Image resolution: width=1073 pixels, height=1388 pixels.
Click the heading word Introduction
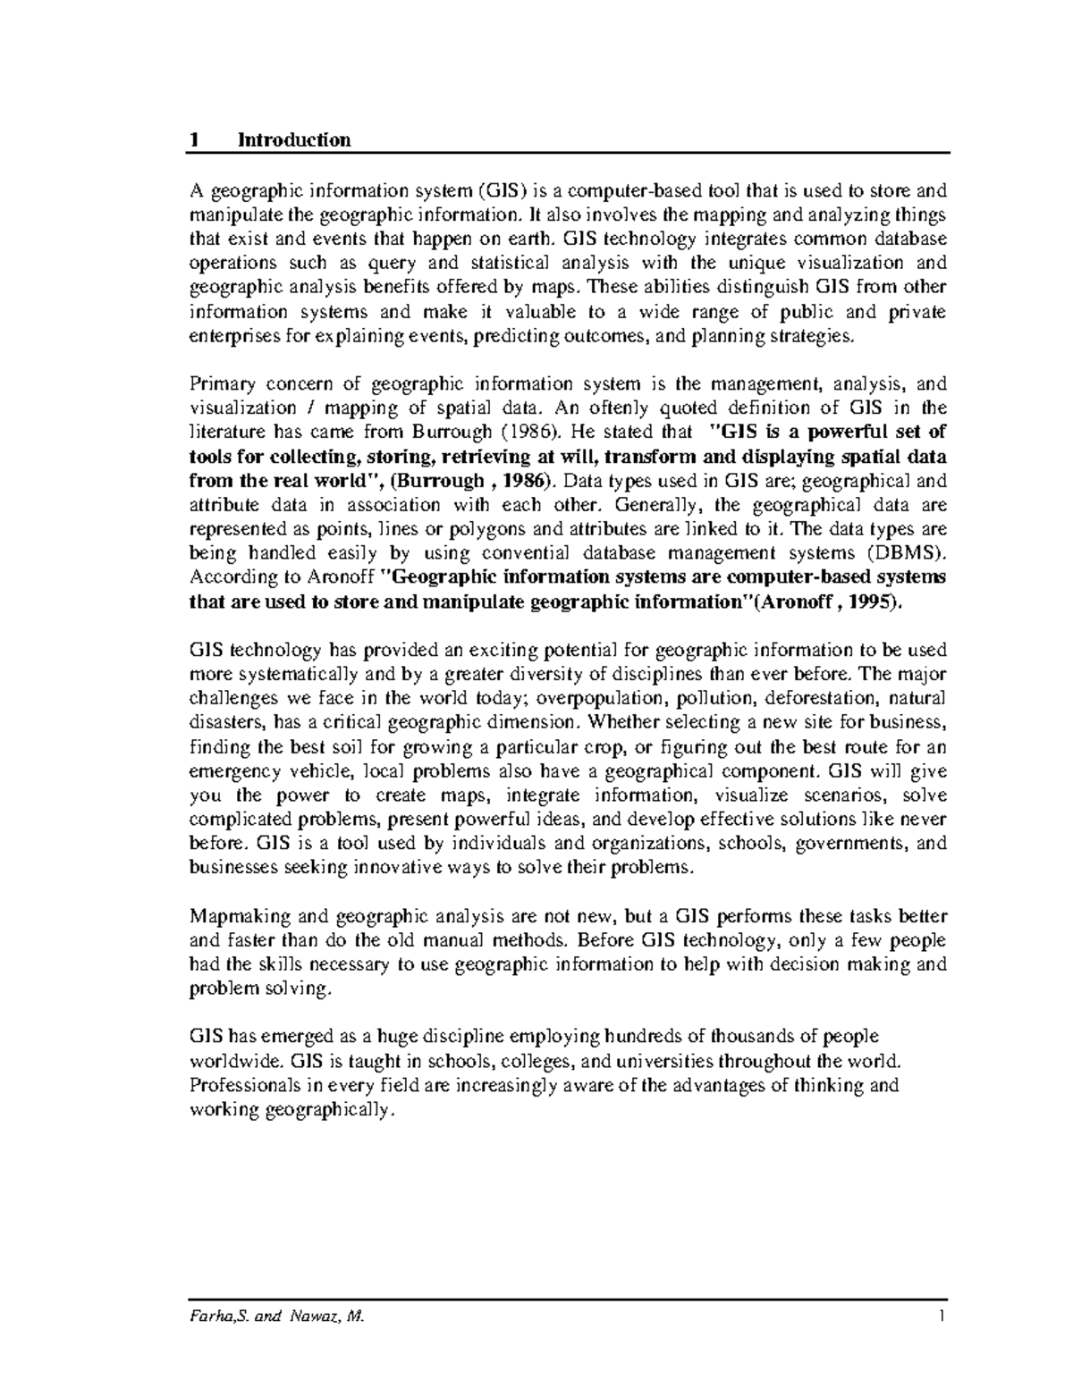[293, 140]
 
